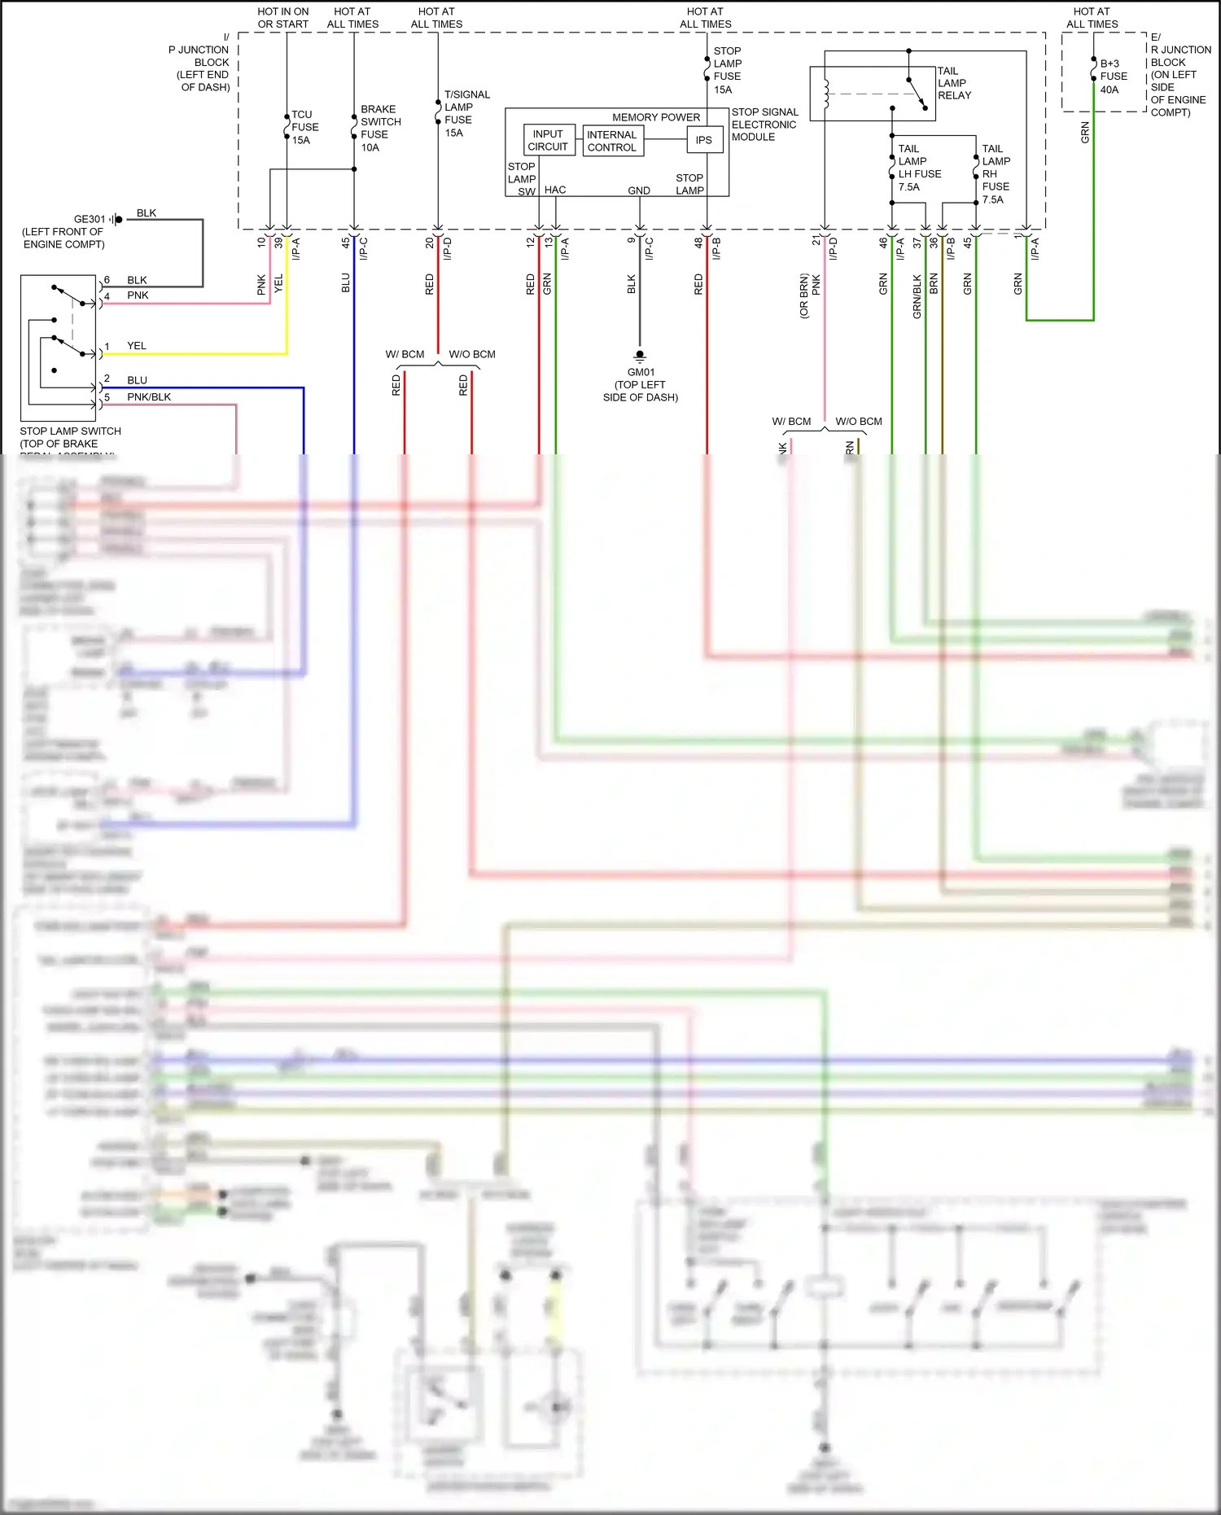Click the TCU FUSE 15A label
click(x=304, y=127)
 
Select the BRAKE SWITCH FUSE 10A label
click(x=380, y=128)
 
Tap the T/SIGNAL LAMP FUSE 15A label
click(x=466, y=113)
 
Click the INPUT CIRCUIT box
click(x=548, y=140)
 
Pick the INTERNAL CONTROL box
click(x=612, y=141)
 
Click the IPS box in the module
click(x=703, y=140)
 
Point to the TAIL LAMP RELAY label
click(x=954, y=83)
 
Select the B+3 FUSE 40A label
click(x=1113, y=77)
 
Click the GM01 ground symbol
click(x=640, y=357)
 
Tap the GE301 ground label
click(x=89, y=219)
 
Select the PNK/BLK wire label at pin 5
click(x=149, y=397)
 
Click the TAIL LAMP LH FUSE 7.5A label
click(x=919, y=168)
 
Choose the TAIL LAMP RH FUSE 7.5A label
click(x=996, y=174)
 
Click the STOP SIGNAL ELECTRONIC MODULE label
click(x=764, y=125)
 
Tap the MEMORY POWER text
click(x=655, y=117)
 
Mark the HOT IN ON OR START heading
click(x=282, y=18)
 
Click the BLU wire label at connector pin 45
click(x=346, y=282)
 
